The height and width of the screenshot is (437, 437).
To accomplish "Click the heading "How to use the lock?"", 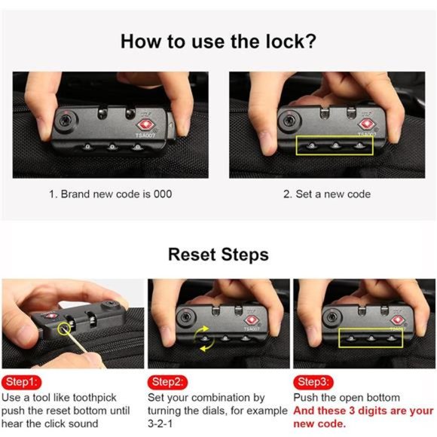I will coord(218,41).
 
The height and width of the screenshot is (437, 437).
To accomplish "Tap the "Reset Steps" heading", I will coord(218,254).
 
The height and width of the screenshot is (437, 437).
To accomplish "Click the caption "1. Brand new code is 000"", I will coord(111,194).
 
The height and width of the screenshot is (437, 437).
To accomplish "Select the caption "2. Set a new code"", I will coord(327,194).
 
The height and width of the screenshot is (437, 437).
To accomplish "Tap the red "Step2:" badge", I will coord(167,381).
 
